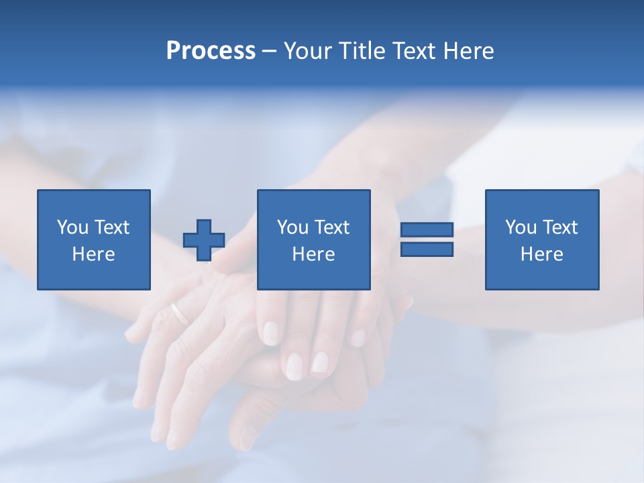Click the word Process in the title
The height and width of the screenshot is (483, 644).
(211, 51)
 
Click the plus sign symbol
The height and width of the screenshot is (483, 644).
(204, 240)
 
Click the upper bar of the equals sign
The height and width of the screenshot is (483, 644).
(427, 229)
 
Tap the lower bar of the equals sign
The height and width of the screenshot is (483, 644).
(427, 250)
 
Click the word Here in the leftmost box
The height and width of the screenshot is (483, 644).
(93, 254)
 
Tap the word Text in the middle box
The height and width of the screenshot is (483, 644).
(332, 227)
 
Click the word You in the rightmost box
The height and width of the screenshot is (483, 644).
(521, 227)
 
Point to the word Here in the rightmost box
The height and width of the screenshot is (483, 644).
(541, 254)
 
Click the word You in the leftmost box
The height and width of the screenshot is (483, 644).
(73, 227)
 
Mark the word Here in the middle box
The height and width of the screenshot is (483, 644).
(313, 254)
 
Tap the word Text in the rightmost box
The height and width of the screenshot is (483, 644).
(560, 227)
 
